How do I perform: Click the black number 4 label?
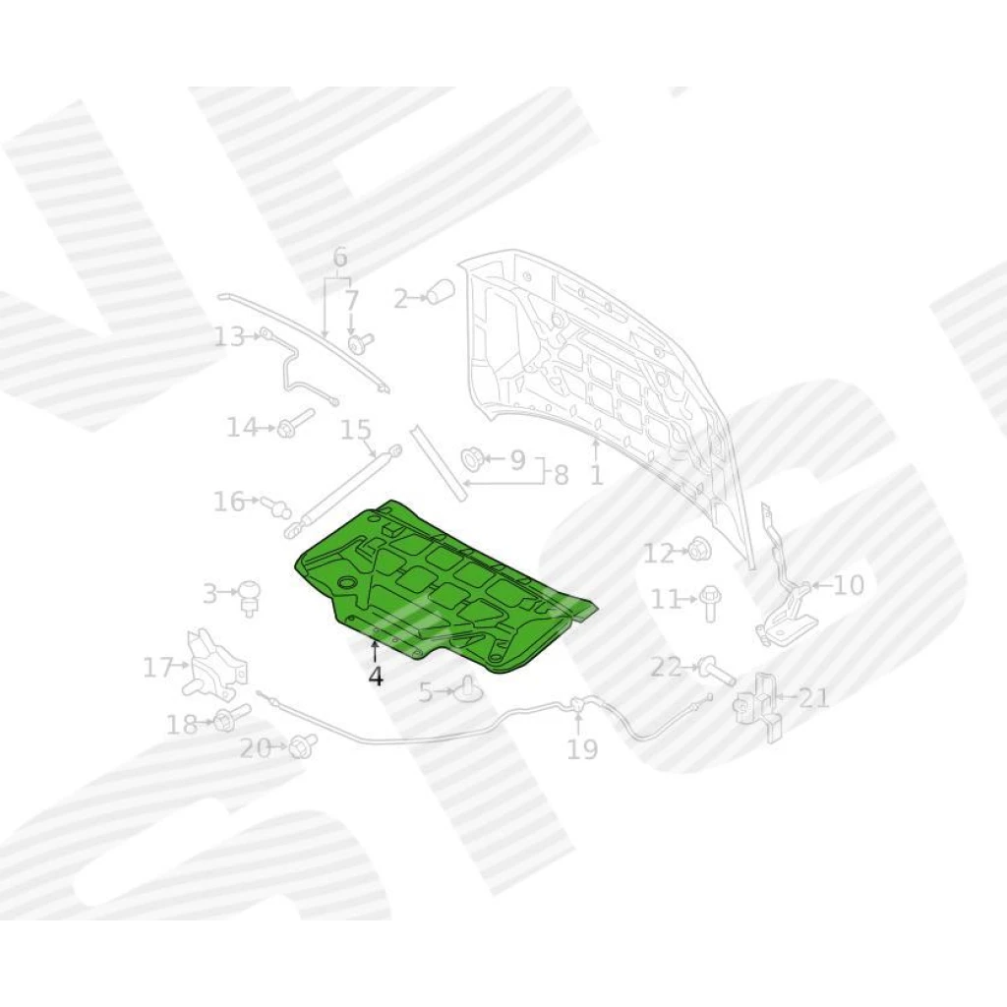376,676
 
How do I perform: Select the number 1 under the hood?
597,475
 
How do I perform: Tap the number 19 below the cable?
582,749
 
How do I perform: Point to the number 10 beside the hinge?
848,585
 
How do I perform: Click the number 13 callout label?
230,336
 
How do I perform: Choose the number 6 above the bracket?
340,258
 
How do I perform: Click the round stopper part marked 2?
442,291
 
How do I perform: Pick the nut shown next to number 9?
473,460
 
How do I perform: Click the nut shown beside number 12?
699,551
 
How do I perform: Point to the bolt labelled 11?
710,602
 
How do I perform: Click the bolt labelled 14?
294,423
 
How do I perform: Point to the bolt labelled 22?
717,671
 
